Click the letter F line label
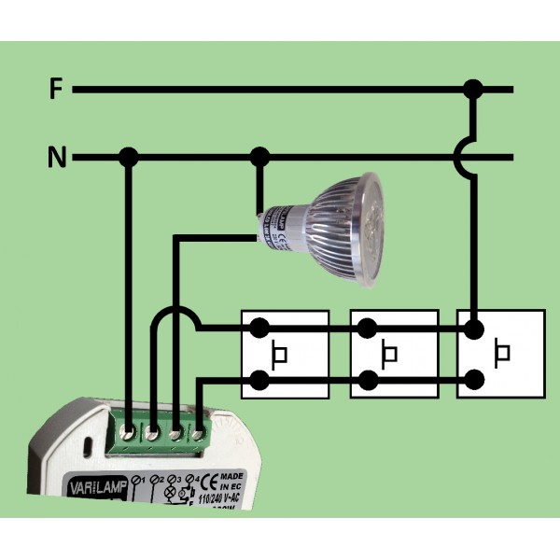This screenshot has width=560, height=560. [x=56, y=91]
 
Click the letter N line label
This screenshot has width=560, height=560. [x=57, y=158]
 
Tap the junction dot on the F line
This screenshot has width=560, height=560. [x=474, y=90]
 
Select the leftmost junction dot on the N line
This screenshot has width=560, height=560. [x=129, y=157]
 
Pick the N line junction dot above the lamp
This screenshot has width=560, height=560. [x=260, y=157]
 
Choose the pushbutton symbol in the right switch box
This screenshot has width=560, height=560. [x=502, y=355]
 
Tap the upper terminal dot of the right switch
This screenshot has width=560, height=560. [x=475, y=329]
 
